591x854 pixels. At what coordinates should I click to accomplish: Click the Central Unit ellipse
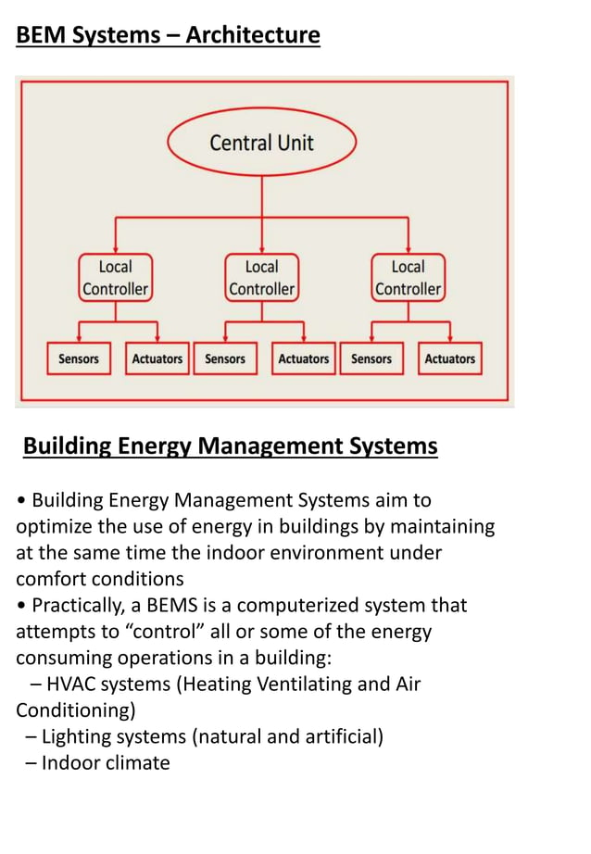(x=261, y=143)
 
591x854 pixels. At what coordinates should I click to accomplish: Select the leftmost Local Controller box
(x=115, y=277)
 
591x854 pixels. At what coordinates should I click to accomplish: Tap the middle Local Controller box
(x=261, y=277)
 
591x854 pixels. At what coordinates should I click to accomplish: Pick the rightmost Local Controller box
(x=408, y=277)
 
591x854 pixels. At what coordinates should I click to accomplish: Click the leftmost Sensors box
(x=79, y=358)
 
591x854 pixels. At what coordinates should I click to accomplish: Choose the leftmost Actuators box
(x=157, y=358)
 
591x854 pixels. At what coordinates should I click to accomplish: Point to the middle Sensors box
(x=225, y=358)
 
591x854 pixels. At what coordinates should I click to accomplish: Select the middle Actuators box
(x=304, y=358)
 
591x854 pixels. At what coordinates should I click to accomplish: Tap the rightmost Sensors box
(x=371, y=358)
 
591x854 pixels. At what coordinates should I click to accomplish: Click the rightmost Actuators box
(x=450, y=358)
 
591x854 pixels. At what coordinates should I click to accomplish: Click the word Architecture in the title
(x=252, y=36)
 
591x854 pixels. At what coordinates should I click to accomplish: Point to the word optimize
(x=53, y=527)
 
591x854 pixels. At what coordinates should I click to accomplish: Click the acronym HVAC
(x=72, y=684)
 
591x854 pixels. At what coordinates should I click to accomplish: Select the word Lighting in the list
(x=77, y=737)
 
